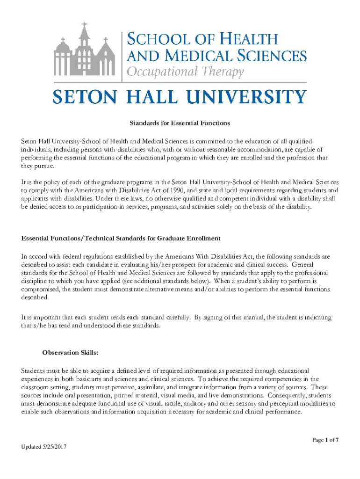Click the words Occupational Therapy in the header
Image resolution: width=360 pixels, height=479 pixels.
click(x=186, y=73)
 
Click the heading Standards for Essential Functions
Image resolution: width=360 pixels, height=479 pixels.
click(x=180, y=123)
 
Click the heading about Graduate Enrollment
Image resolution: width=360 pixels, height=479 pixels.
click(x=121, y=238)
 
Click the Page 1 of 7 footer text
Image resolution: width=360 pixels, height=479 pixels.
click(x=325, y=440)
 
